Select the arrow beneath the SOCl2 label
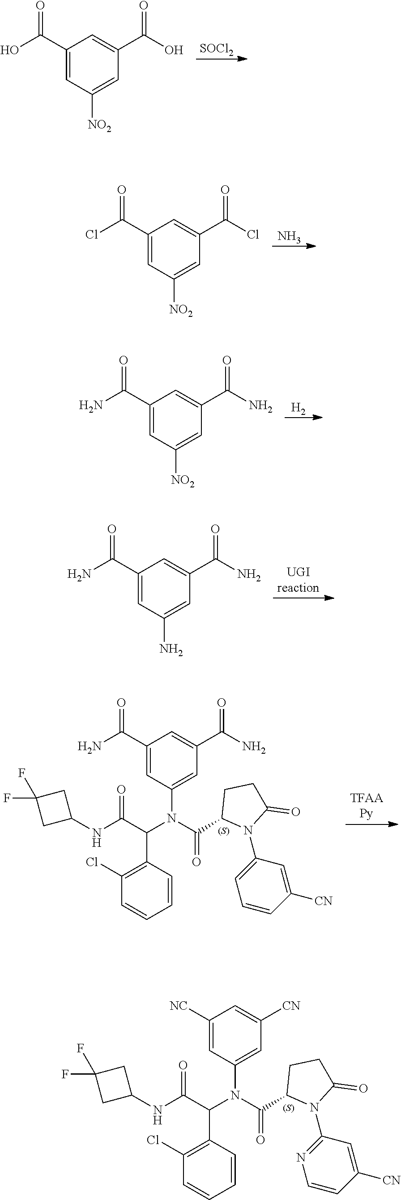tap(220, 59)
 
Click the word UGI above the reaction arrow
tap(298, 572)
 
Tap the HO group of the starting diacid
tap(10, 50)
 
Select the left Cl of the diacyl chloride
tap(91, 235)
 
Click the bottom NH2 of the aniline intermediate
tap(171, 649)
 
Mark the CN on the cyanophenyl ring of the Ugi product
tap(324, 901)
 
